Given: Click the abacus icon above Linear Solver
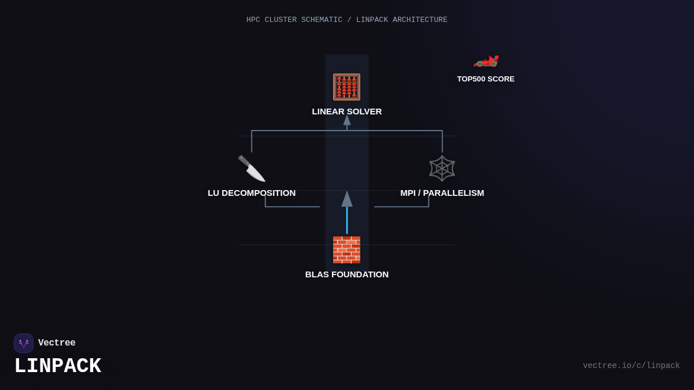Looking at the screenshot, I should tap(346, 87).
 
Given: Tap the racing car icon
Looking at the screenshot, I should tap(486, 60).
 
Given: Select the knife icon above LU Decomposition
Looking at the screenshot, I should tap(252, 168).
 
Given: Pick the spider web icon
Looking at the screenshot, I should tap(442, 168).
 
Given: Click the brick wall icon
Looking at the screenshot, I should tap(346, 250).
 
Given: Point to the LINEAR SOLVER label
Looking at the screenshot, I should tap(347, 112).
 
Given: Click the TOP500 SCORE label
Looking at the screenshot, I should tap(486, 79).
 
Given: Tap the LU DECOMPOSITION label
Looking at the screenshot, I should tap(252, 193).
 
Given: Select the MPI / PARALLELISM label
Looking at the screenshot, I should tap(442, 193).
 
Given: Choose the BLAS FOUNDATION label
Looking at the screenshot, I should tap(347, 274).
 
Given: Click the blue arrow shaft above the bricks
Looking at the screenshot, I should tap(347, 220).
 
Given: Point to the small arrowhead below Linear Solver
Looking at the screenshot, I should tap(347, 120).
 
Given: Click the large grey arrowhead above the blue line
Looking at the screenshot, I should tap(347, 199).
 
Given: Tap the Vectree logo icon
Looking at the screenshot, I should tap(24, 343).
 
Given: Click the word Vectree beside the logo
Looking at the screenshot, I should tap(57, 343).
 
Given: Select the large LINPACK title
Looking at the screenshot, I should tap(58, 366).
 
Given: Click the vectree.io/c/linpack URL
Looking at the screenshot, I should tap(631, 366).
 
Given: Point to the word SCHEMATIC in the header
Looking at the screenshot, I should tap(321, 20).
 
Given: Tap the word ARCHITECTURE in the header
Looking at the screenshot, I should tap(420, 20).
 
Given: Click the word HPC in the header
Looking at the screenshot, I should tap(253, 20).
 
